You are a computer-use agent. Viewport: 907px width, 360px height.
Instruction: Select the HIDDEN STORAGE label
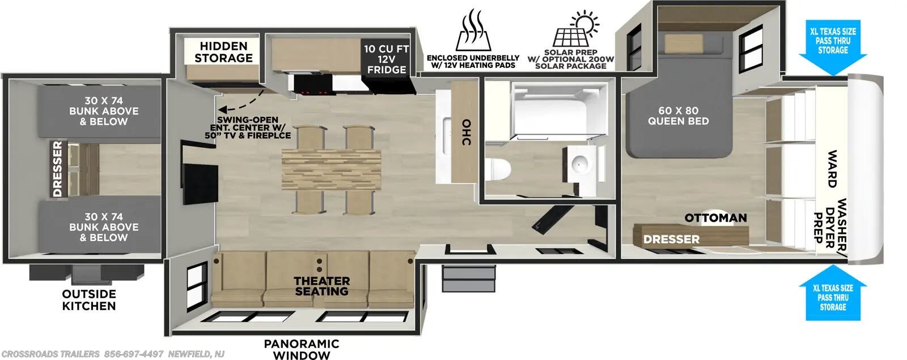pyautogui.click(x=223, y=52)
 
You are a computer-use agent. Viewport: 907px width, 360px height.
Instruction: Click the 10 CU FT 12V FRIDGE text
pyautogui.click(x=386, y=60)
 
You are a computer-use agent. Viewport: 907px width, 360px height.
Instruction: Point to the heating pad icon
pyautogui.click(x=472, y=31)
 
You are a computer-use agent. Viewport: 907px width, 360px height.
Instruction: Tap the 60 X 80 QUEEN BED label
pyautogui.click(x=678, y=116)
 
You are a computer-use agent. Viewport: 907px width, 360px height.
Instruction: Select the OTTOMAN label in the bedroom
pyautogui.click(x=715, y=218)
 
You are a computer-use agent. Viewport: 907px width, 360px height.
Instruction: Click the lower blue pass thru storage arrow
pyautogui.click(x=832, y=295)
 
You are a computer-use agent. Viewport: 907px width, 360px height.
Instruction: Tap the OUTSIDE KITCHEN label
pyautogui.click(x=89, y=300)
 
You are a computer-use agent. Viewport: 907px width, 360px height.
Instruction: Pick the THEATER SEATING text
pyautogui.click(x=321, y=286)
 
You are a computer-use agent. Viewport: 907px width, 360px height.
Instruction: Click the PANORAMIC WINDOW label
pyautogui.click(x=301, y=349)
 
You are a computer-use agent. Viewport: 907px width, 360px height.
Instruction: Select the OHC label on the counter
pyautogui.click(x=466, y=132)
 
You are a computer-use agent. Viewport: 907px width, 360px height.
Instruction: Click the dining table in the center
pyautogui.click(x=330, y=170)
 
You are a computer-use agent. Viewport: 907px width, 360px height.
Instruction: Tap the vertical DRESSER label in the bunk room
pyautogui.click(x=57, y=169)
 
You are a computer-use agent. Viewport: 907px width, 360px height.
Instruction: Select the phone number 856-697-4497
pyautogui.click(x=133, y=354)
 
